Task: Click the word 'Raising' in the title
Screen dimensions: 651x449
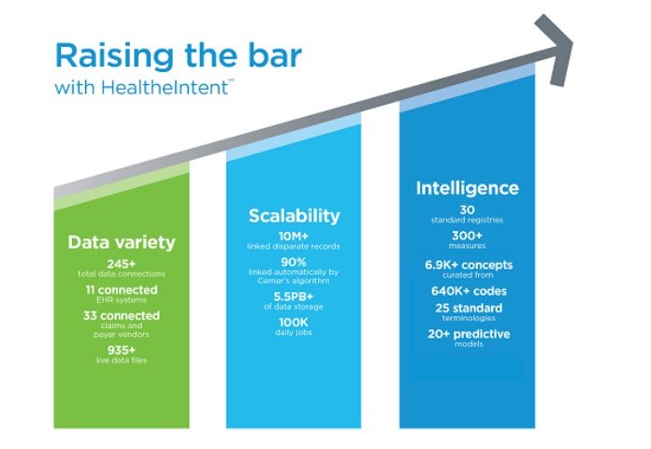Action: [114, 56]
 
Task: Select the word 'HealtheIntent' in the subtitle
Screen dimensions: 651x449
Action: [165, 87]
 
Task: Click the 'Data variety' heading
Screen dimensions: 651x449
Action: [122, 242]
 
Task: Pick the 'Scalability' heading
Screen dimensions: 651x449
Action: [294, 216]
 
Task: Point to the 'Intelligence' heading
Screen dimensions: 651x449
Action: [467, 188]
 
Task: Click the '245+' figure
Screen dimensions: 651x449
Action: [122, 264]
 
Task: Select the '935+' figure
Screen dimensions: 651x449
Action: [122, 350]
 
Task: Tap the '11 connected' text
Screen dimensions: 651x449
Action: [122, 289]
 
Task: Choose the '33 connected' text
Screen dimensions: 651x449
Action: [122, 315]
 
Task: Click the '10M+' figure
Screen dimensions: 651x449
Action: [294, 236]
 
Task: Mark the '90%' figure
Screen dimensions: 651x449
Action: [294, 262]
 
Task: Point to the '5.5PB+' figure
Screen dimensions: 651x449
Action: [294, 297]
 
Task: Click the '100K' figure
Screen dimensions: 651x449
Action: [294, 323]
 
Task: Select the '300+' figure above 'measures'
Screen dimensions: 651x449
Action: [467, 236]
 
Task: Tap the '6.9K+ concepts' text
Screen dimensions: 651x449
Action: [469, 265]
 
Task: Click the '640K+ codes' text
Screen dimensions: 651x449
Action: [469, 291]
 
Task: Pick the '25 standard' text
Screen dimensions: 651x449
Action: [469, 308]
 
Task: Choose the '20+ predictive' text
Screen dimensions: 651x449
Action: [469, 334]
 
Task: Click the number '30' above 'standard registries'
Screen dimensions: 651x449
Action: [467, 210]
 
